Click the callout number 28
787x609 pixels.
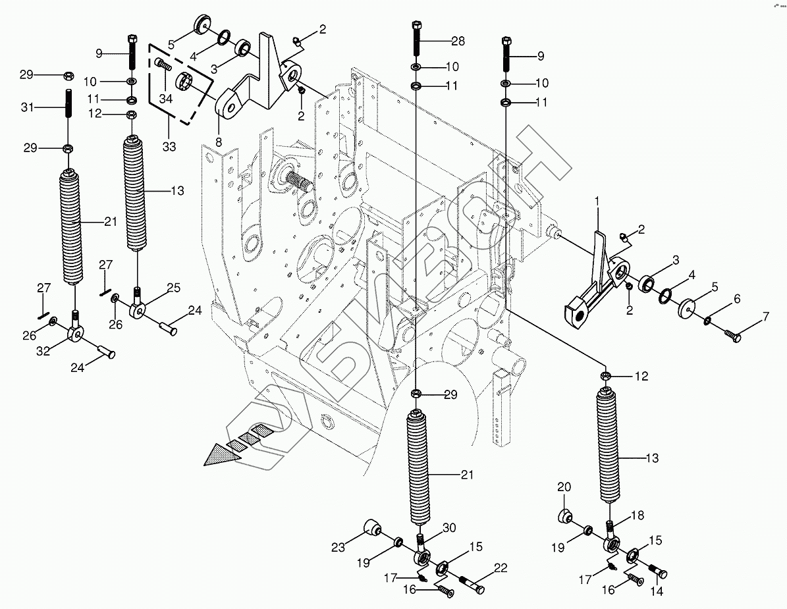pyautogui.click(x=458, y=41)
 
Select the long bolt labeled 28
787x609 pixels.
pyautogui.click(x=417, y=40)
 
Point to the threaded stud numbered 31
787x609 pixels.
pyautogui.click(x=68, y=105)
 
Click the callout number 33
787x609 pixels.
pyautogui.click(x=169, y=146)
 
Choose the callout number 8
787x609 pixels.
pyautogui.click(x=219, y=141)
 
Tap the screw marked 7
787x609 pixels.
pyautogui.click(x=733, y=336)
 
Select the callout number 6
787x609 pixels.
pyautogui.click(x=736, y=299)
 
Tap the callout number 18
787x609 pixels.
pyautogui.click(x=639, y=515)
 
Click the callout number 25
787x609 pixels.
pyautogui.click(x=173, y=287)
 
